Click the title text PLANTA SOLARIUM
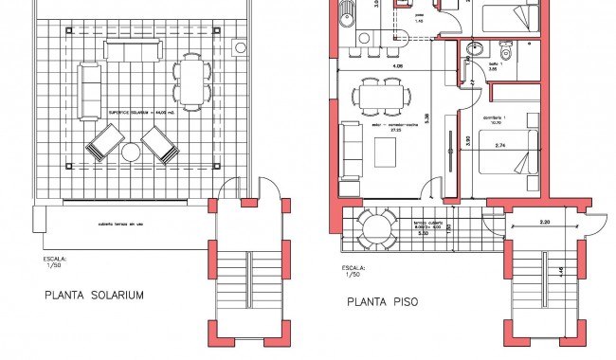click(x=95, y=295)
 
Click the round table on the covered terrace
click(x=379, y=227)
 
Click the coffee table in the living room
click(x=386, y=152)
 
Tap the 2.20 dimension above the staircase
click(x=544, y=221)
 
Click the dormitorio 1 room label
click(x=497, y=117)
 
